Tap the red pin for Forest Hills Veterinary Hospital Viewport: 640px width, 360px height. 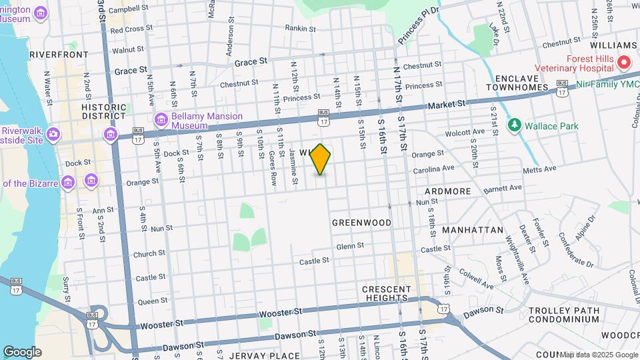(624, 63)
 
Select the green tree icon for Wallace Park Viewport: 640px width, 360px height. (513, 125)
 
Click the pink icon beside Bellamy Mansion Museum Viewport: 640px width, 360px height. (160, 121)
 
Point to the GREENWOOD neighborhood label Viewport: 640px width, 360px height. (362, 222)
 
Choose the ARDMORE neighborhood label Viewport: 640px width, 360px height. (447, 191)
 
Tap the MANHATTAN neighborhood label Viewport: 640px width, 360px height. (473, 229)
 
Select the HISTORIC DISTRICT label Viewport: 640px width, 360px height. (104, 111)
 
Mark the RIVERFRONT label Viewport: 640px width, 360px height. (59, 54)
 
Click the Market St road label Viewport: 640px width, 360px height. (446, 105)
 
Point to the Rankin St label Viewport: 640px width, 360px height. (300, 28)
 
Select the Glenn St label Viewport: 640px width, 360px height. (350, 246)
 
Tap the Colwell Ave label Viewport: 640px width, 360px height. (476, 279)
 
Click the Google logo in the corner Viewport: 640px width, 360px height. (22, 352)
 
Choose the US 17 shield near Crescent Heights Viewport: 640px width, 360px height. (443, 308)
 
